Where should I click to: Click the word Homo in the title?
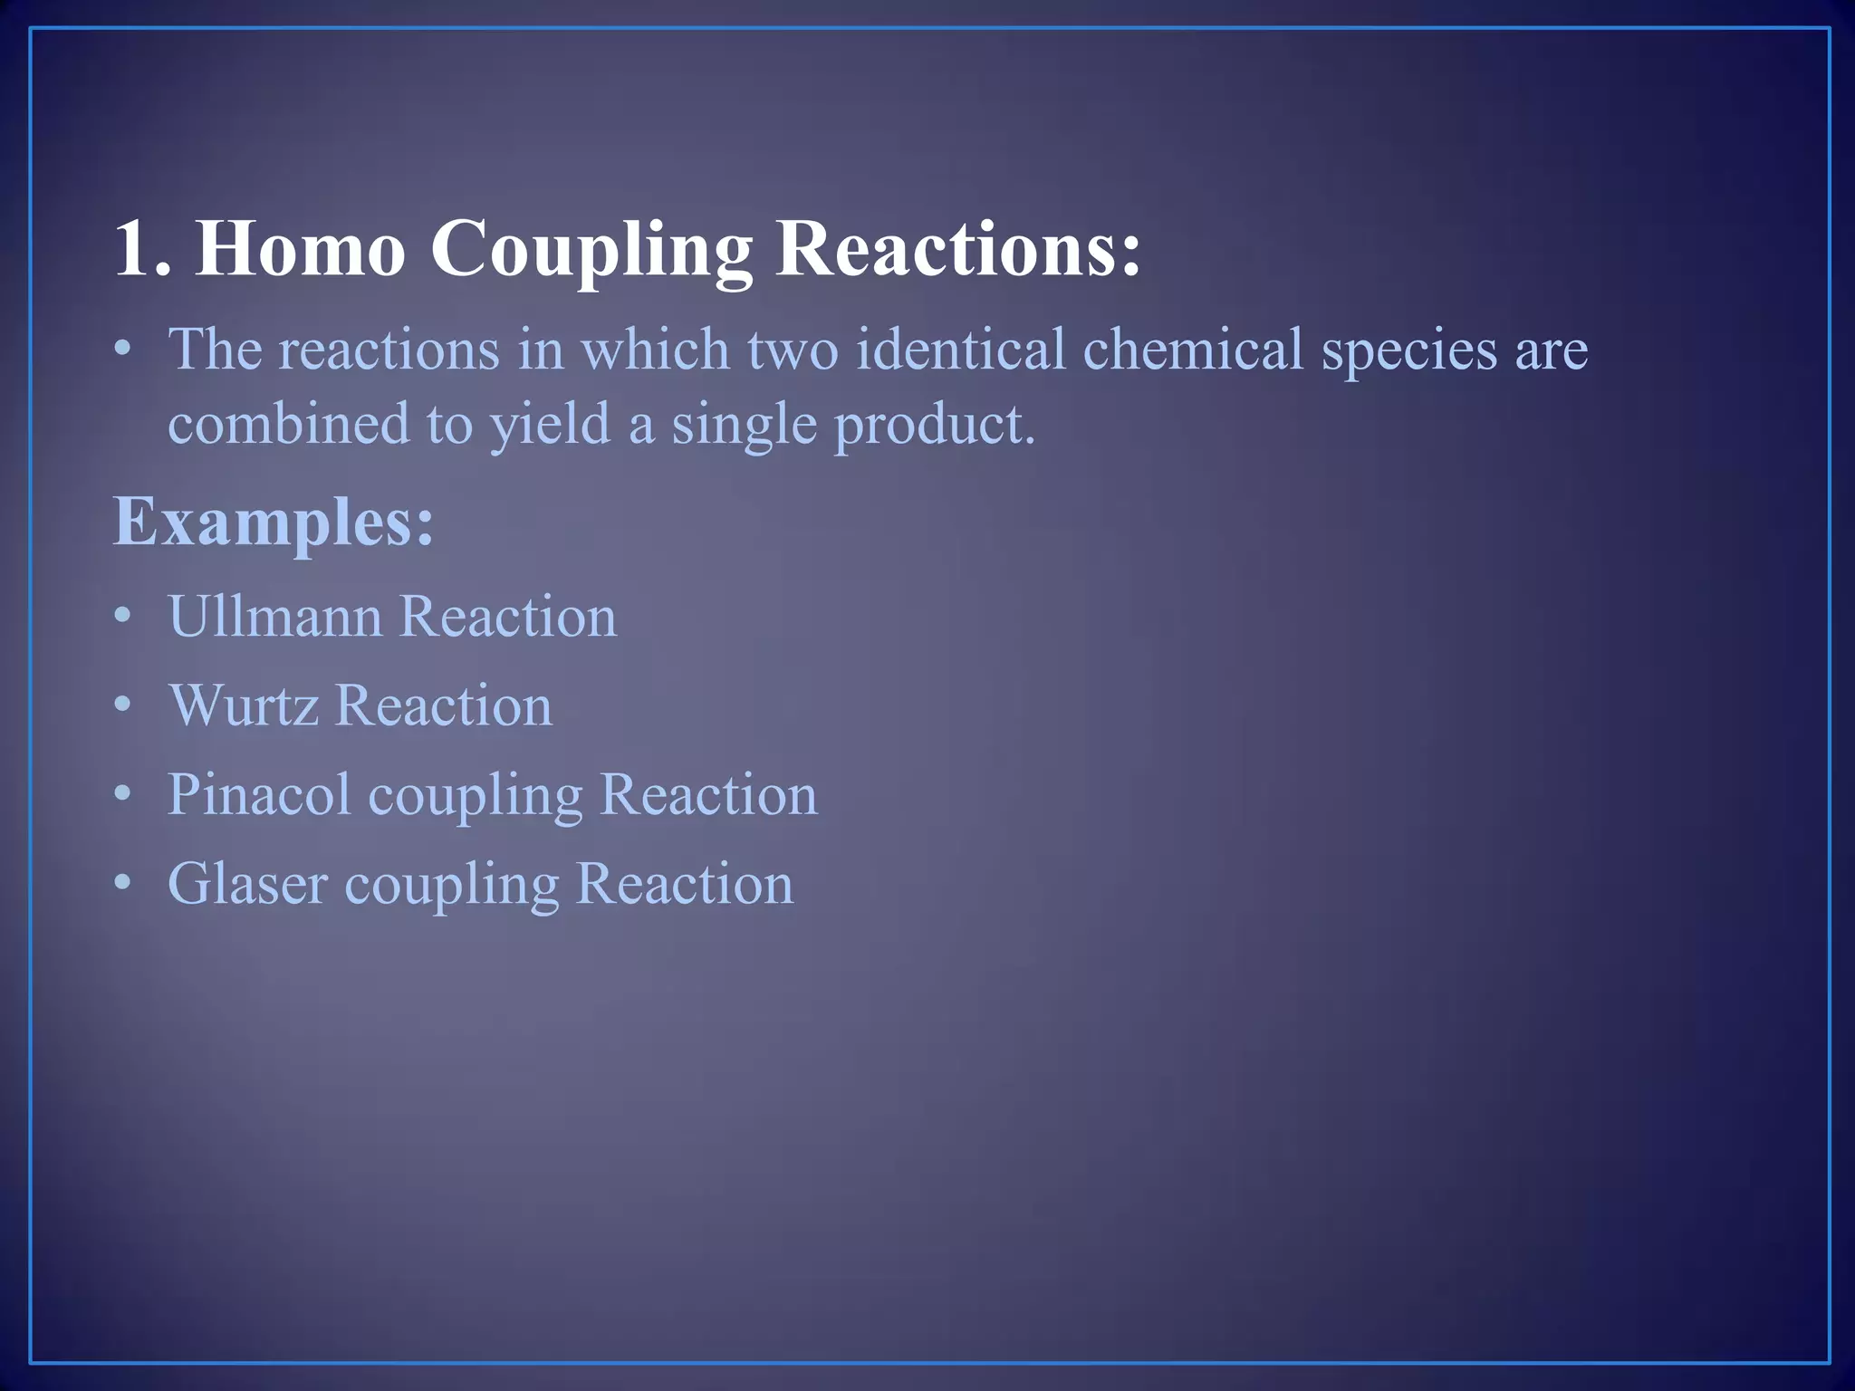tap(300, 248)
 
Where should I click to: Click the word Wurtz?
tap(244, 705)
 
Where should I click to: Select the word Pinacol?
tap(259, 794)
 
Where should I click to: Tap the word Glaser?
tap(247, 883)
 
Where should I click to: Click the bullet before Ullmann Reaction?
tap(123, 617)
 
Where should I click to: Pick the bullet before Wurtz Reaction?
tap(123, 705)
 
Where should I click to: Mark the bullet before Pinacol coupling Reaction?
tap(123, 794)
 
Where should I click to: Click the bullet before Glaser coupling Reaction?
tap(123, 883)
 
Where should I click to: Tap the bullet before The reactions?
tap(123, 350)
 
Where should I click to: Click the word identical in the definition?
tap(960, 350)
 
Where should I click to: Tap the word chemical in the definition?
tap(1193, 350)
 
